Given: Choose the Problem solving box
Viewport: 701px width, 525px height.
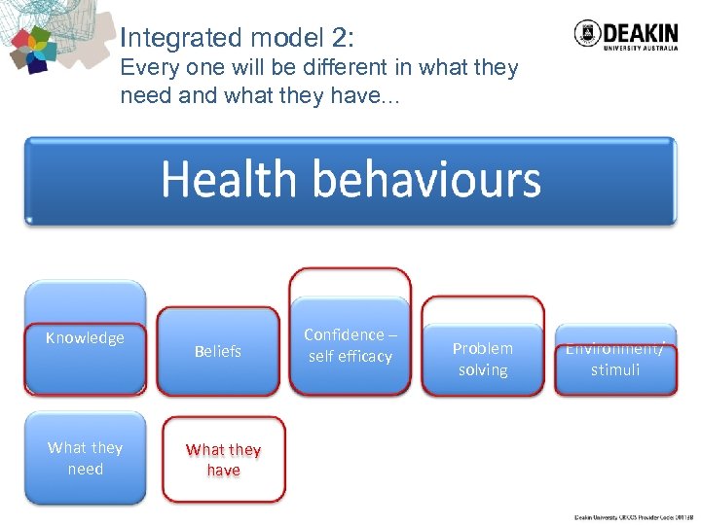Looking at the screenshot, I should [x=482, y=359].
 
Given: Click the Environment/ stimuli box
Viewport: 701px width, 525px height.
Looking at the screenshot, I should [x=614, y=360].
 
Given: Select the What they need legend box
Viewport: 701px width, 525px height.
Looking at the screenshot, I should [x=85, y=458].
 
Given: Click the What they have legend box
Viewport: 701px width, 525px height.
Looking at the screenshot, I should [x=223, y=460].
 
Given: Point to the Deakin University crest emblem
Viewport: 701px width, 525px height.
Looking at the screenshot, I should [x=588, y=33].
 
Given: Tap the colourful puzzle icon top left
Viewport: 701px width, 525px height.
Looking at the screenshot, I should [x=35, y=50].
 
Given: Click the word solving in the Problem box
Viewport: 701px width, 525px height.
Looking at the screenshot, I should [x=482, y=370].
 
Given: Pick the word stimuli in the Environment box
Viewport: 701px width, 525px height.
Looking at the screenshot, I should [x=614, y=370].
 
